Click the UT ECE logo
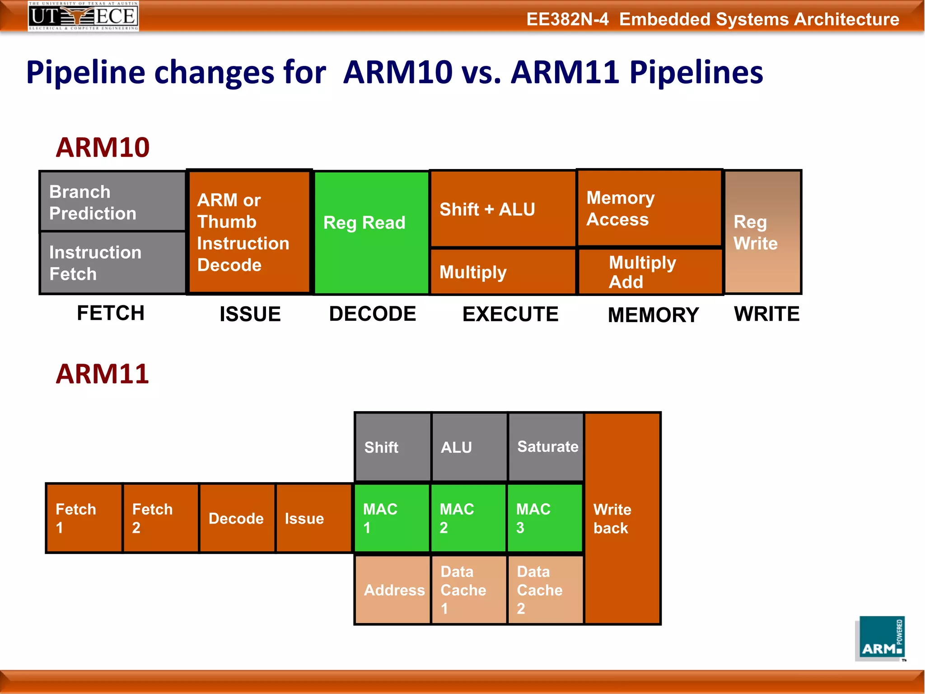[x=83, y=16]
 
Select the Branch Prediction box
[x=112, y=202]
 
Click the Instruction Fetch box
[x=112, y=263]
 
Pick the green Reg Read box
[x=371, y=232]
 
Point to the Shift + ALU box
[x=503, y=209]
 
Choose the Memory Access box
[x=649, y=208]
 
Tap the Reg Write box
[x=762, y=232]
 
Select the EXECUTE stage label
[x=510, y=314]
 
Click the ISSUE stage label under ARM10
[x=250, y=314]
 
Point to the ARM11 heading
[x=103, y=374]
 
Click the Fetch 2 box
[x=160, y=518]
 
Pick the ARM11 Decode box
[x=237, y=518]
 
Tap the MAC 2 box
[x=468, y=518]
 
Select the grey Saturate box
[x=546, y=447]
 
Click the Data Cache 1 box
[x=468, y=590]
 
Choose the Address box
[x=392, y=590]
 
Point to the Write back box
[x=622, y=518]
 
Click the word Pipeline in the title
[x=85, y=72]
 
